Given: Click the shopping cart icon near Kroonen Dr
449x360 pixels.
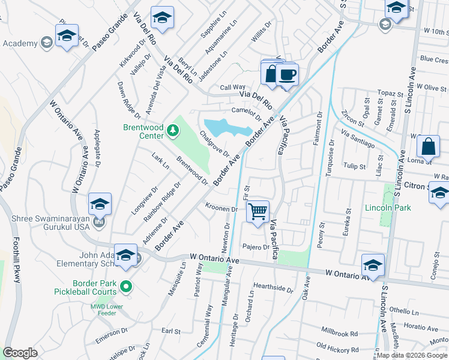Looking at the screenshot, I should point(258,211).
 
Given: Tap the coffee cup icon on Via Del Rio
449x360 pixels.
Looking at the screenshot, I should point(288,75).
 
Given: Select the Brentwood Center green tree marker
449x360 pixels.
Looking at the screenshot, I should point(173,130).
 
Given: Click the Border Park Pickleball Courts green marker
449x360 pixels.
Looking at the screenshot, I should point(125,287).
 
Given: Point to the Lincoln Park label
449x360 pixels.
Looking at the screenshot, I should point(388,208).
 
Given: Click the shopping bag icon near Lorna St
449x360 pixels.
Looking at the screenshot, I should point(429,146).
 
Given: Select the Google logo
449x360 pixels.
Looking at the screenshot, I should point(20,353).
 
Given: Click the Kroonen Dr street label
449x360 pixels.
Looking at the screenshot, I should point(222,209).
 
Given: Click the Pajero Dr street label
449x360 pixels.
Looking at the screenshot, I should point(256,247).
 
